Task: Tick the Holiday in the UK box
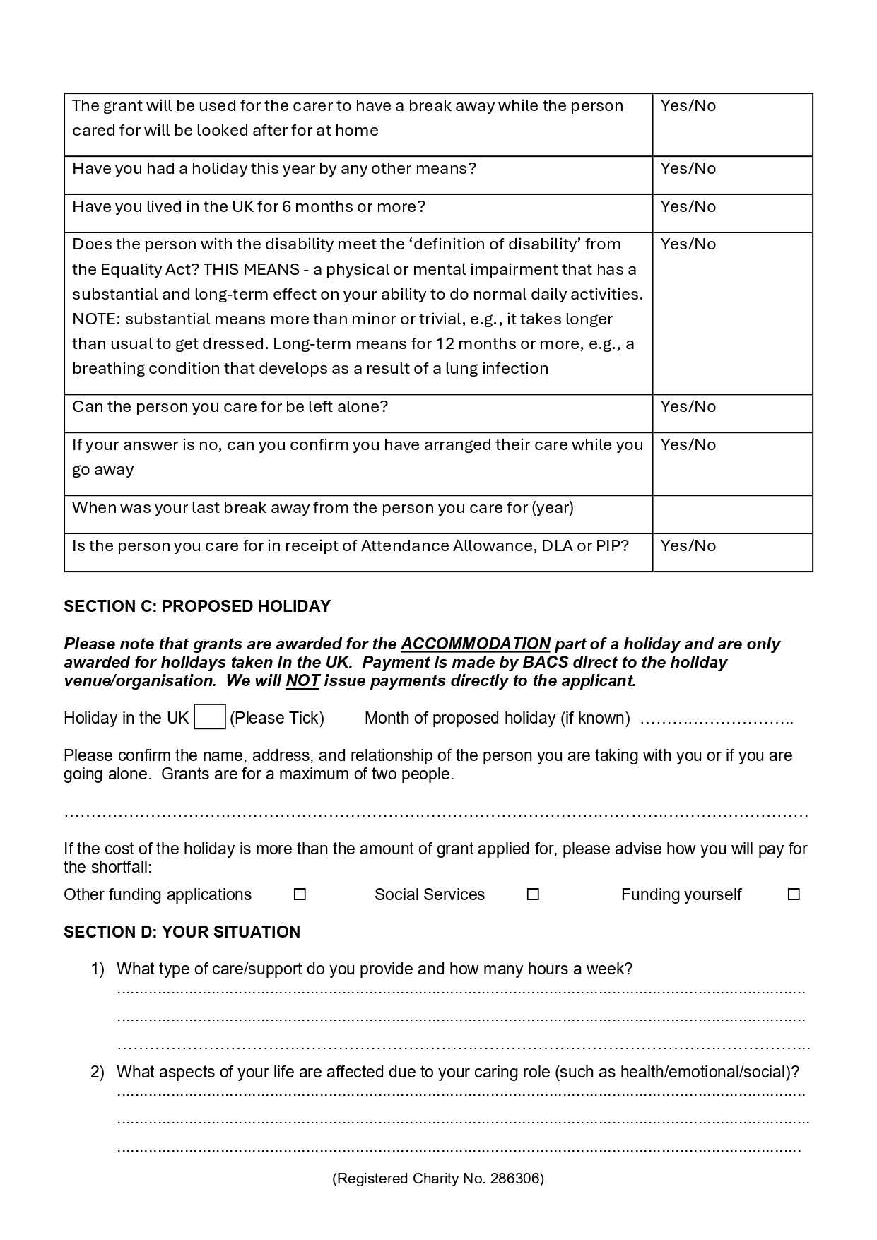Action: tap(209, 716)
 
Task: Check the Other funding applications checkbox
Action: tap(300, 894)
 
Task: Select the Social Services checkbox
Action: tap(533, 894)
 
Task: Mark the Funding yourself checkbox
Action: tap(794, 894)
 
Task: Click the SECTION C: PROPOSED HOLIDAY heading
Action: tap(197, 606)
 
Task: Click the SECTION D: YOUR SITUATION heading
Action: tap(182, 932)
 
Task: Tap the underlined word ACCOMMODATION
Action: tap(476, 644)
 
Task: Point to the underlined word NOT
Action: tap(302, 680)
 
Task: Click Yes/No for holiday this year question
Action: tap(688, 168)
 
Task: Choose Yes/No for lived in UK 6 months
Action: tap(688, 206)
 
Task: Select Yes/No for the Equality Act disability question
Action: tap(688, 244)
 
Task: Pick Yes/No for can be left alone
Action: tap(688, 406)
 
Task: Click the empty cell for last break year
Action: tap(731, 514)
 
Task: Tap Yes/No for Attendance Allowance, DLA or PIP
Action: tap(688, 545)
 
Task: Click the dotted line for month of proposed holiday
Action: tap(715, 721)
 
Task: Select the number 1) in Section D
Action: tap(98, 969)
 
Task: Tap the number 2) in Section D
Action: tap(98, 1072)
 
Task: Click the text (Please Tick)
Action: tap(277, 718)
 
